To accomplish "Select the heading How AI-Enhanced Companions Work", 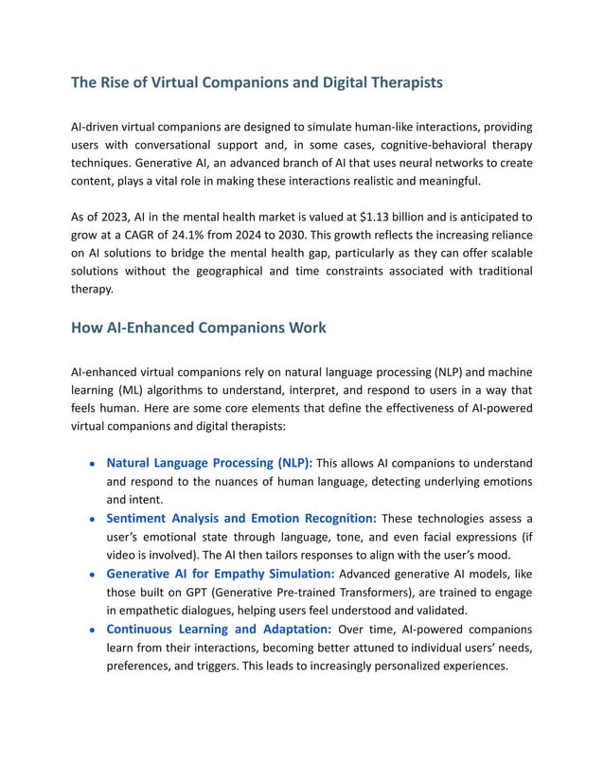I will coord(199,328).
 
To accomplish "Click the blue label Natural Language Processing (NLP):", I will coord(209,463).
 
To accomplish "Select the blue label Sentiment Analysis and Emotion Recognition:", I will coord(241,518).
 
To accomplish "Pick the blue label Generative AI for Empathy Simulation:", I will coord(220,574).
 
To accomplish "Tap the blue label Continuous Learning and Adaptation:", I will coord(219,629).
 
